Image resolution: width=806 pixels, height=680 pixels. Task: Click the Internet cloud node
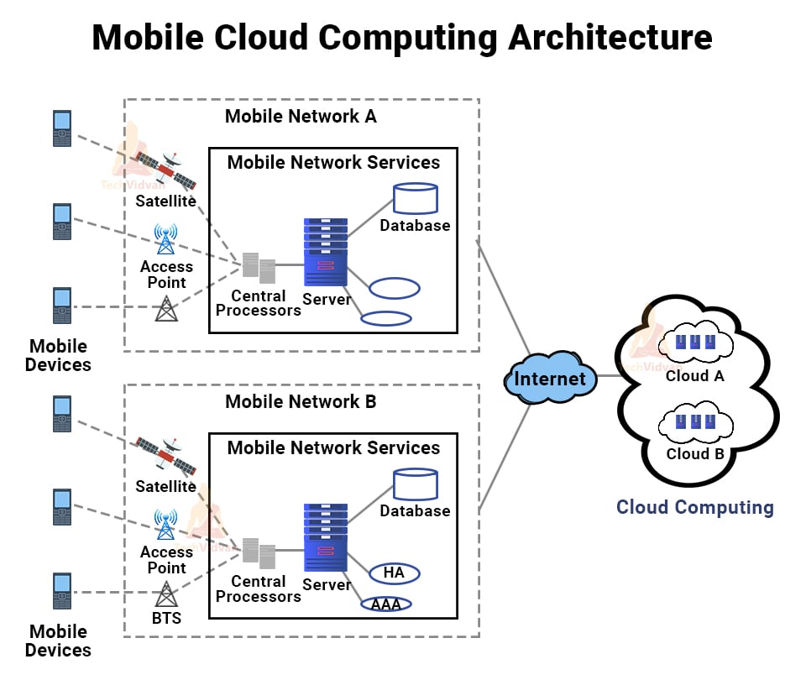pos(550,379)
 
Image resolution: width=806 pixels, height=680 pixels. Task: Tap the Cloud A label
pos(694,376)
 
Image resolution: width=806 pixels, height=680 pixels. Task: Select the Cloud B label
pos(694,454)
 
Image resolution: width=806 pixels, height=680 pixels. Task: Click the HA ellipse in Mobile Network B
pos(394,573)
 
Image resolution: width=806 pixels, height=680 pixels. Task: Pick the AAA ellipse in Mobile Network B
pos(386,604)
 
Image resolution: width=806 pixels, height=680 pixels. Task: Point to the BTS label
pos(166,619)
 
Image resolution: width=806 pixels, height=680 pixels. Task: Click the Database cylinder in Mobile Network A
pos(416,198)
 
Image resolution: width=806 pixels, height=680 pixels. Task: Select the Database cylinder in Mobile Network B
pos(416,484)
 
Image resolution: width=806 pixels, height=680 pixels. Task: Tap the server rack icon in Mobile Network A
pos(326,252)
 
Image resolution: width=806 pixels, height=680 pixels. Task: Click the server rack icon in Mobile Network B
pos(326,537)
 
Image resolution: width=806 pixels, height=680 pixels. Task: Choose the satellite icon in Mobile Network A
pos(167,170)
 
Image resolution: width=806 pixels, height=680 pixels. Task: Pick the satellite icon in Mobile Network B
pos(167,456)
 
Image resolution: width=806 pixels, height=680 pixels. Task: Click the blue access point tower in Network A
pos(166,239)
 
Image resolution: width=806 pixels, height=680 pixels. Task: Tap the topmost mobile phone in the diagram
pos(62,128)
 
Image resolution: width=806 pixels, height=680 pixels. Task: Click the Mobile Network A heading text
pos(301,117)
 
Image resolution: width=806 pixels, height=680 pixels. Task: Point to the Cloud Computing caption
pos(694,507)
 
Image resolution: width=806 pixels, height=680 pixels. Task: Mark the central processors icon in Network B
pos(259,552)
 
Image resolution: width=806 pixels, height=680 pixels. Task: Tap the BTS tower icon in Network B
pos(167,594)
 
